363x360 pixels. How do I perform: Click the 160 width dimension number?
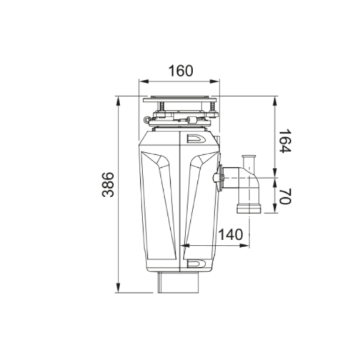pos(181,71)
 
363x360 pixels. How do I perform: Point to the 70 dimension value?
pos(284,196)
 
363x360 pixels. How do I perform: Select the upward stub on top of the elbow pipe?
pos(248,159)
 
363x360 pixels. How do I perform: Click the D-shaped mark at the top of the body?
pos(196,139)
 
